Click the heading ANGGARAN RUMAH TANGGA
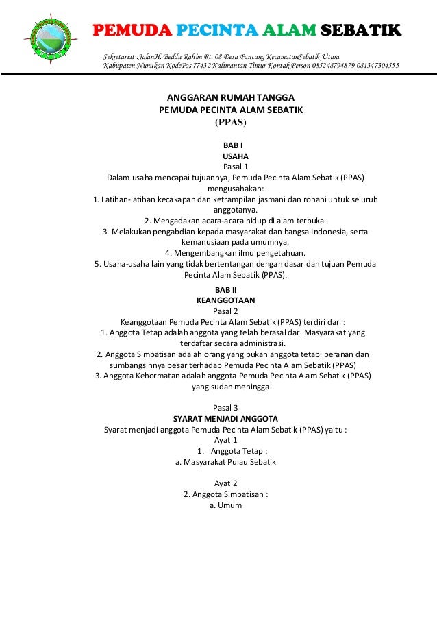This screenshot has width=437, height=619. (231, 98)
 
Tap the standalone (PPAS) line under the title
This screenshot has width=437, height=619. (231, 123)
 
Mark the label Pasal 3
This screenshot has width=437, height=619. (226, 408)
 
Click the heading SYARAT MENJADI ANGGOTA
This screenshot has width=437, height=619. (225, 419)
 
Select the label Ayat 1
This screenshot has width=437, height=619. (226, 440)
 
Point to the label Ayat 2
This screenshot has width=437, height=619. (226, 483)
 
